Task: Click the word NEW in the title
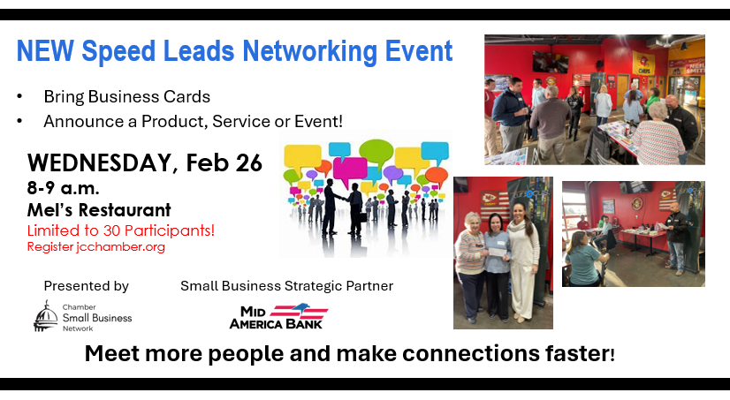[x=45, y=50]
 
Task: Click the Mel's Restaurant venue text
[x=99, y=210]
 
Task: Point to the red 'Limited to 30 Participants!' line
[x=121, y=230]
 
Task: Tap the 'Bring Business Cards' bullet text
[x=126, y=95]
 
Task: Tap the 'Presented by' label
[x=86, y=286]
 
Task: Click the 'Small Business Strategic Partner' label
[x=286, y=286]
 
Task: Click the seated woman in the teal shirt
[x=587, y=256]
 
